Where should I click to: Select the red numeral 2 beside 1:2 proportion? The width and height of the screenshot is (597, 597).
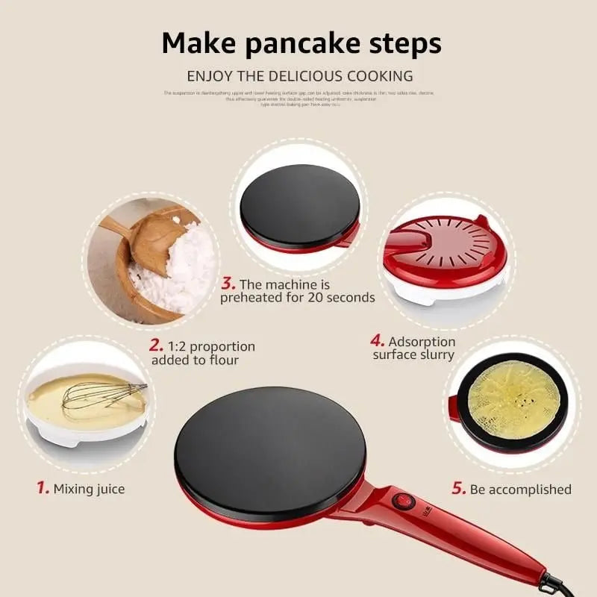pos(156,346)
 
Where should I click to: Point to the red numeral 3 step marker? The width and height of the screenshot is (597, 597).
pos(228,284)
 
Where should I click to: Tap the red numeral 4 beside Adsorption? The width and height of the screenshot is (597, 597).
pos(378,340)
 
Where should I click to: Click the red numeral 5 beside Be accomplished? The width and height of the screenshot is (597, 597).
pos(458,489)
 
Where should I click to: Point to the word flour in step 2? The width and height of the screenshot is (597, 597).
pos(224,360)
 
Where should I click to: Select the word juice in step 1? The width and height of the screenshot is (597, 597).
pos(109,490)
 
